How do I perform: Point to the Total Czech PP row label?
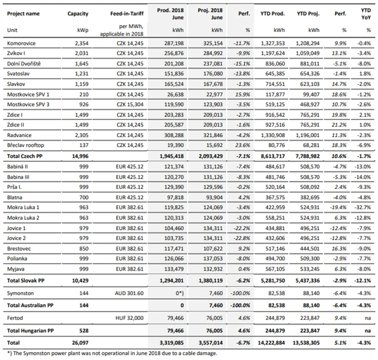pyautogui.click(x=27, y=154)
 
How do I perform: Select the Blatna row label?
pyautogui.click(x=15, y=197)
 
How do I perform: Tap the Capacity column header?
pyautogui.click(x=78, y=12)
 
